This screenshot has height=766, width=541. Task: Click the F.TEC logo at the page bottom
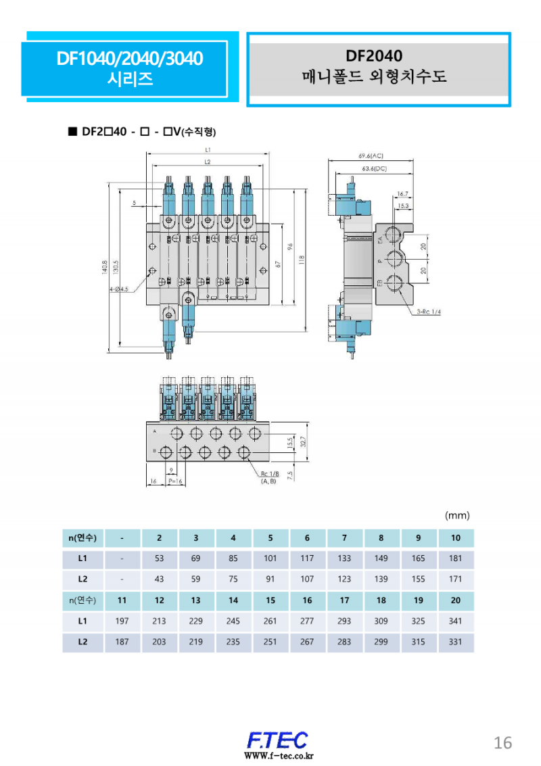tap(276, 740)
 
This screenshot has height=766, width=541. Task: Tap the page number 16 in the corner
tap(502, 742)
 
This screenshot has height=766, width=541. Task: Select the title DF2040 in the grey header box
tap(374, 56)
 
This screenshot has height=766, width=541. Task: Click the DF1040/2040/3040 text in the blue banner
tap(130, 59)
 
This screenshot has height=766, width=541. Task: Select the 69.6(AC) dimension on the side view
tap(371, 155)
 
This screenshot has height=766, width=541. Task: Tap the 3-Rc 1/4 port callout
tap(429, 312)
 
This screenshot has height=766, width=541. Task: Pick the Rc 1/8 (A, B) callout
tap(268, 477)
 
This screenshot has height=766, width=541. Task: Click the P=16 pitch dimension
tap(176, 481)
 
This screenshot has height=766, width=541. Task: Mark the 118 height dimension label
tap(302, 259)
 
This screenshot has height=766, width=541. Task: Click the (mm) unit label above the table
tap(456, 515)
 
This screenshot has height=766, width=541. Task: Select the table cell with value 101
tap(270, 559)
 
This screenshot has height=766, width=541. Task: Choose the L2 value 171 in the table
tap(455, 579)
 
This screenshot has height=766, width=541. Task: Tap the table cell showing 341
tap(455, 621)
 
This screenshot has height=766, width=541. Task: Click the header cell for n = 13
tap(195, 600)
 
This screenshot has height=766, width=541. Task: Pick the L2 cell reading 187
tap(122, 642)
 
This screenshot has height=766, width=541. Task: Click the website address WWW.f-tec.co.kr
tap(276, 756)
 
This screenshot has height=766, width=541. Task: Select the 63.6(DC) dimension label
tap(374, 169)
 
